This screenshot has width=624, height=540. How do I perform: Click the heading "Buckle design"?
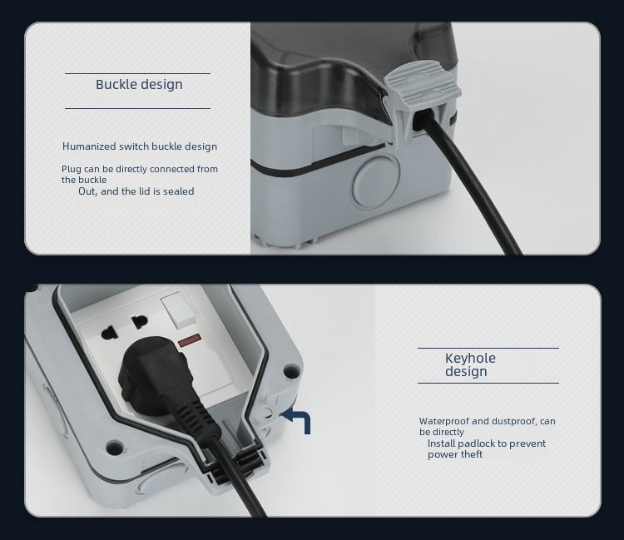pyautogui.click(x=139, y=84)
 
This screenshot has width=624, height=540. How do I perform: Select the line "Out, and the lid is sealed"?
pyautogui.click(x=136, y=191)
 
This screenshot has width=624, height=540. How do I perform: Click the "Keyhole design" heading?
pyautogui.click(x=470, y=364)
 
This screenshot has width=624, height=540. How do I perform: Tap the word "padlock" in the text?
pyautogui.click(x=476, y=443)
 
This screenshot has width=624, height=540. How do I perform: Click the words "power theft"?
pyautogui.click(x=455, y=454)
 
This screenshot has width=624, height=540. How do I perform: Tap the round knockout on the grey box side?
pyautogui.click(x=375, y=181)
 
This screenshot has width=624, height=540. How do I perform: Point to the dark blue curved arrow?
pyautogui.click(x=299, y=419)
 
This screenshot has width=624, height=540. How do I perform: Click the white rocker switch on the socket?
pyautogui.click(x=178, y=310)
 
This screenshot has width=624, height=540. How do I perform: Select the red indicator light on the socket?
pyautogui.click(x=190, y=340)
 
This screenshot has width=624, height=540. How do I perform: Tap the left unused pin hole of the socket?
pyautogui.click(x=109, y=332)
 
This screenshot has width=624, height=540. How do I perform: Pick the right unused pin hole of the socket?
pyautogui.click(x=140, y=321)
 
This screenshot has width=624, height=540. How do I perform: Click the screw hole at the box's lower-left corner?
pyautogui.click(x=115, y=448)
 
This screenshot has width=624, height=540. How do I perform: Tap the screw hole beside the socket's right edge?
pyautogui.click(x=291, y=372)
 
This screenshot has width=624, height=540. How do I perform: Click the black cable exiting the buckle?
pyautogui.click(x=468, y=183)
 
